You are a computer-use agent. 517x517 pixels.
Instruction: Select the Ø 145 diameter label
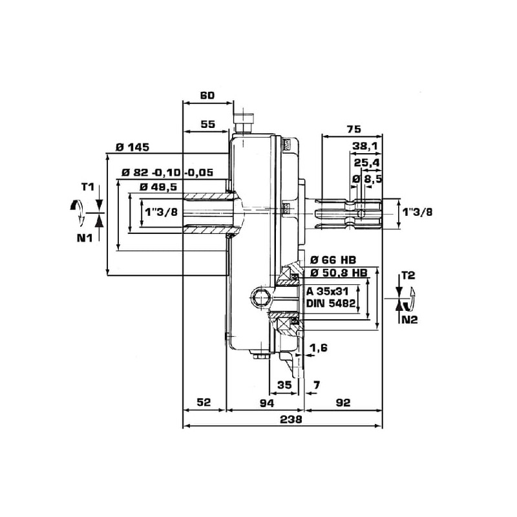pos(132,147)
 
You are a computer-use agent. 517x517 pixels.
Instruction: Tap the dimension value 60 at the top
pos(207,96)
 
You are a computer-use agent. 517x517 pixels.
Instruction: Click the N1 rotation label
pos(86,237)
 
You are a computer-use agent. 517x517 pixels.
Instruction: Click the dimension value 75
pos(353,129)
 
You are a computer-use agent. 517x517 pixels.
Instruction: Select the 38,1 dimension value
pos(364,146)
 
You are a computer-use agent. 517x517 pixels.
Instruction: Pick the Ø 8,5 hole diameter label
pos(366,178)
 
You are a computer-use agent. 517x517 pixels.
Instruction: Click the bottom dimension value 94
pos(266,403)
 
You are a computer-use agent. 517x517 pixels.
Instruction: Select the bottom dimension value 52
pos(204,403)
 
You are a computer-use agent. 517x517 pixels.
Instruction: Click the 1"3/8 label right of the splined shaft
pos(417,211)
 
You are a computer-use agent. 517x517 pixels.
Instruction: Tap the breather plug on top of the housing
pos(244,122)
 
